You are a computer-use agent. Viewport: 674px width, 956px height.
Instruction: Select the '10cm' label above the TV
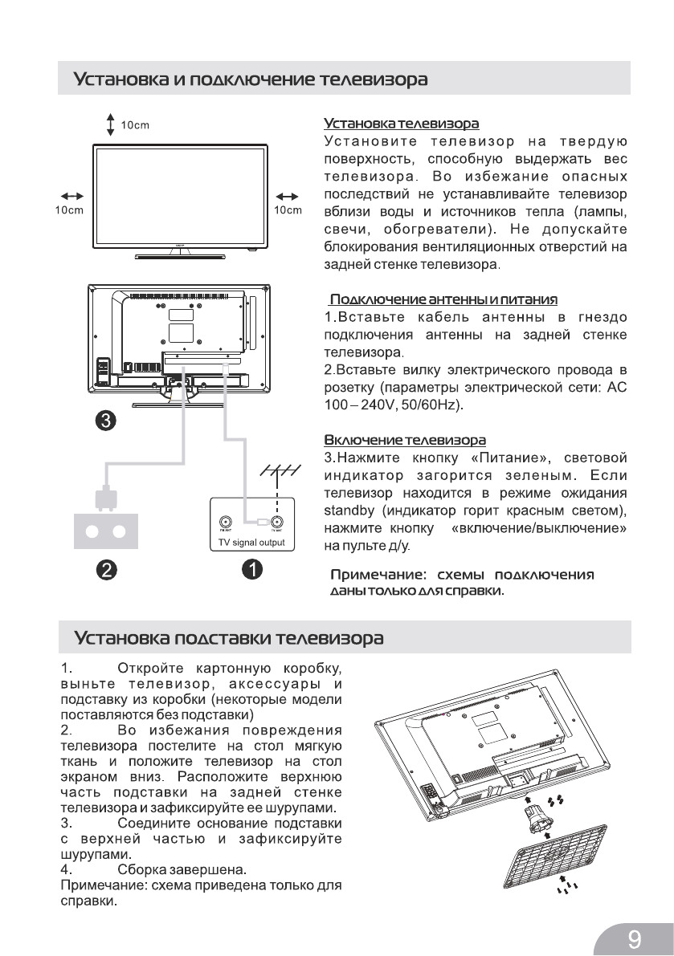pos(135,125)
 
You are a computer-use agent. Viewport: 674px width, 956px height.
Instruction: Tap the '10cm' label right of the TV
pos(288,210)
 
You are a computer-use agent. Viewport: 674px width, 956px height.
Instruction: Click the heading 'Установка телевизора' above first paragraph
pos(401,124)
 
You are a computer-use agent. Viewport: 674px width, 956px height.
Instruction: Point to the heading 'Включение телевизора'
pos(404,441)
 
